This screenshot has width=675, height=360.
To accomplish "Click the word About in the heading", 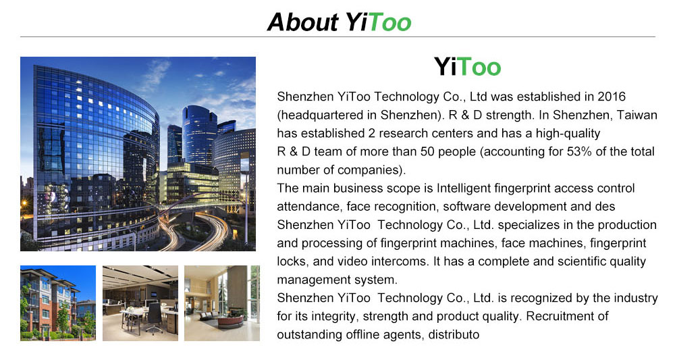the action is click(x=303, y=22).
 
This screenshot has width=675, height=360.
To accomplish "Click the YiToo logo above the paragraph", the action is click(x=468, y=67).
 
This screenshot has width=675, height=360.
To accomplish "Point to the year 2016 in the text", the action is click(x=612, y=97).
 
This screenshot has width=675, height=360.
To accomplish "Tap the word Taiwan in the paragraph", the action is click(x=637, y=115).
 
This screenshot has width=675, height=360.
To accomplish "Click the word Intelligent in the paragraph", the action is click(x=463, y=188).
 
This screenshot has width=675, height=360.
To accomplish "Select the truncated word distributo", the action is click(x=454, y=334).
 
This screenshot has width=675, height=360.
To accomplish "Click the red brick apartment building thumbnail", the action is click(x=58, y=303).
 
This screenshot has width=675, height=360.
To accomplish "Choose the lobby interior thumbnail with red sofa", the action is click(x=222, y=303).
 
